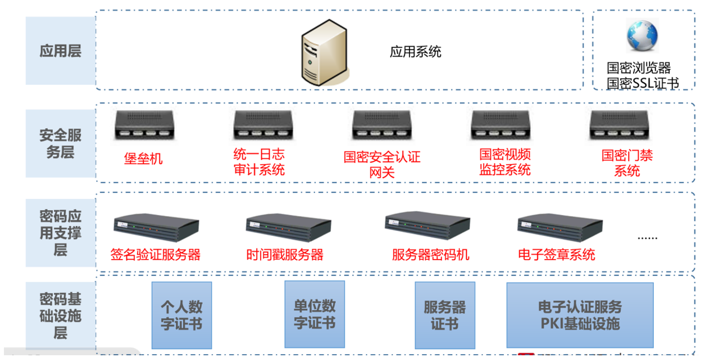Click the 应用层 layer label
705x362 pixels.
point(60,51)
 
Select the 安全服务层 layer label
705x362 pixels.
point(60,143)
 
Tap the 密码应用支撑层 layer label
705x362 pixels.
point(60,233)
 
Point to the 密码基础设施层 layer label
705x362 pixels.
point(60,315)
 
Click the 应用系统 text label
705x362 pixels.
point(415,52)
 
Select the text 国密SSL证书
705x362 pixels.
point(643,83)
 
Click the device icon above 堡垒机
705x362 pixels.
point(143,125)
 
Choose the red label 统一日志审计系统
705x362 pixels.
point(259,162)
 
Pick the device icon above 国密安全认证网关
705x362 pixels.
point(381,125)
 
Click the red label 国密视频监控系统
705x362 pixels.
point(504,162)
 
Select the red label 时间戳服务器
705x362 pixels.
point(285,255)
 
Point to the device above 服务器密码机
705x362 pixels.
point(427,225)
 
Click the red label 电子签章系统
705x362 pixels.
point(556,255)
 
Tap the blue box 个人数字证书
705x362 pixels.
point(181,315)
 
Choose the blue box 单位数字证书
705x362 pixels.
point(314,315)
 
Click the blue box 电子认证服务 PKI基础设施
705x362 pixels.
point(580,315)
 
